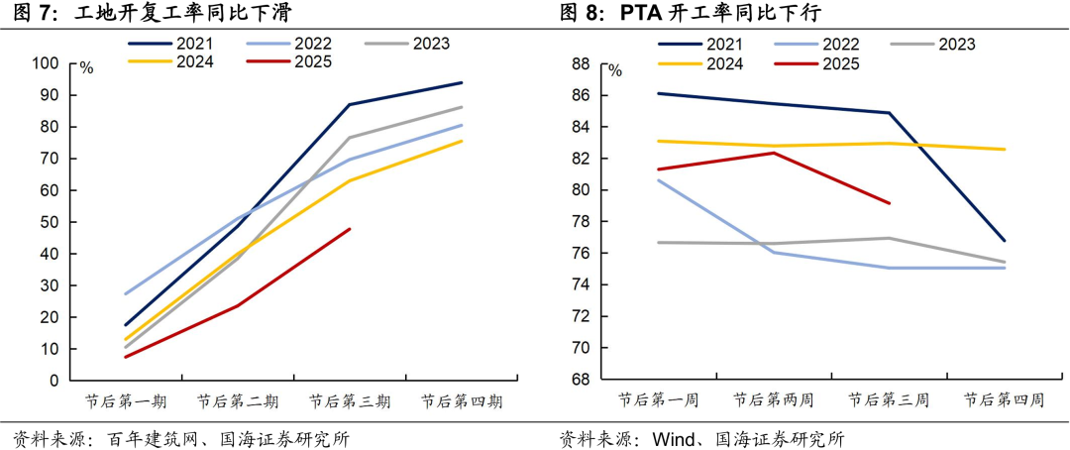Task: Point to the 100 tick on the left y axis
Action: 47,63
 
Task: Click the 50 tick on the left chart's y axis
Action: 51,222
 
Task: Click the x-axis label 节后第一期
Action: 126,402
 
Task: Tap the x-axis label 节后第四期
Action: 462,402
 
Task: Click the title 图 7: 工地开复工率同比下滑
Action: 149,13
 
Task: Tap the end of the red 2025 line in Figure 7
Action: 350,229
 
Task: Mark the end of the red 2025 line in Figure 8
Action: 890,203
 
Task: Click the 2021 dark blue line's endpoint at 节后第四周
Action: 1005,241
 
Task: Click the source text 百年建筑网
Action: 142,438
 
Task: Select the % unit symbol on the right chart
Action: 615,70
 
